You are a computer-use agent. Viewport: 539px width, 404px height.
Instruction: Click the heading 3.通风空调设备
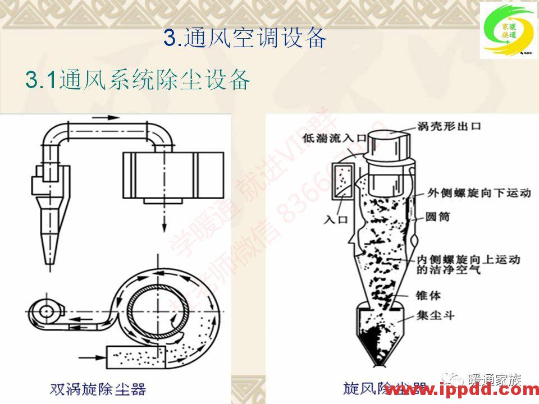[245, 38]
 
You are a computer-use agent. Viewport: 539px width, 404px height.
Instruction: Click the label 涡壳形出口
[449, 127]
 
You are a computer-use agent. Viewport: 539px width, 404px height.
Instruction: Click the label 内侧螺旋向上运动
[469, 260]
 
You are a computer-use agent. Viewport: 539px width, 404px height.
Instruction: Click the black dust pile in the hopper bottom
[375, 342]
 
